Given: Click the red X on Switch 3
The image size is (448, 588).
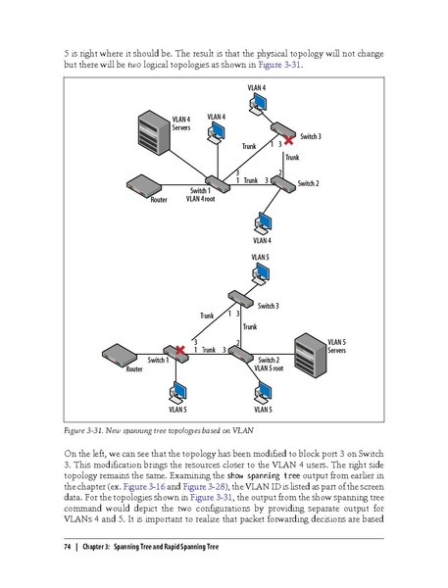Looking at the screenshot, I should coord(287,140).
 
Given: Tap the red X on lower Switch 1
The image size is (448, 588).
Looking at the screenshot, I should coord(178,350).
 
